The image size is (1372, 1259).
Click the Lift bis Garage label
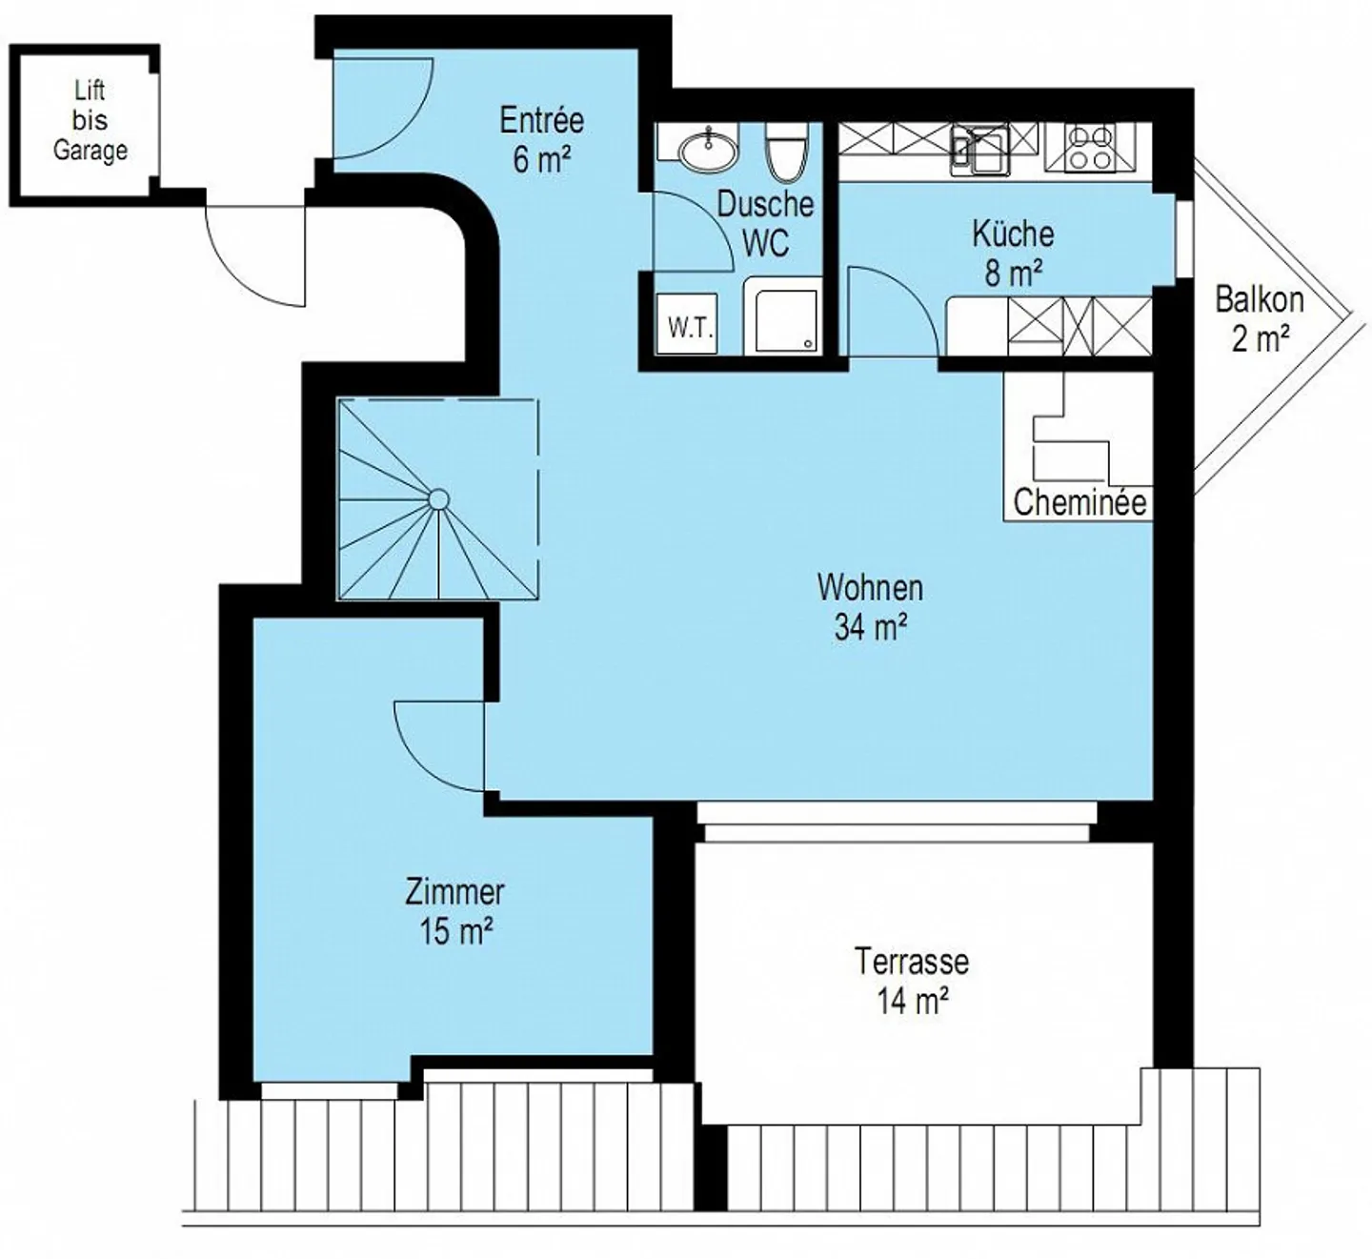[x=91, y=121]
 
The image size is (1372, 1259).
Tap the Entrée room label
[x=542, y=140]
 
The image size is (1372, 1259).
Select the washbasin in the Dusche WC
[x=708, y=147]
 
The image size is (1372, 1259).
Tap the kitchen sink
[x=980, y=150]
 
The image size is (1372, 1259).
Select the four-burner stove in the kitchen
[x=1090, y=147]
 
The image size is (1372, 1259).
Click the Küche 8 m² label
[x=1013, y=254]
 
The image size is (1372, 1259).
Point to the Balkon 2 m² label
[x=1260, y=319]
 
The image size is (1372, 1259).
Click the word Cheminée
[x=1079, y=503]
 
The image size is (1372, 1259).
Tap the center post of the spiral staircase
[x=438, y=499]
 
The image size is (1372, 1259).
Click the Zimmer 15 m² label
[x=454, y=912]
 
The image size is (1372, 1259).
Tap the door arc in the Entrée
[x=409, y=130]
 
